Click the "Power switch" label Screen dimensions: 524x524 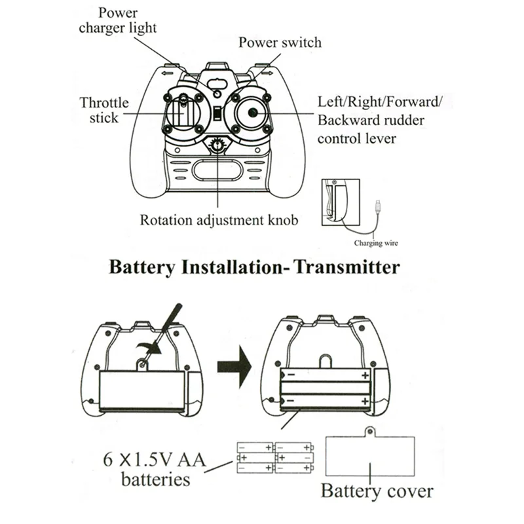280,43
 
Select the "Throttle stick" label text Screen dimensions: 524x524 104,110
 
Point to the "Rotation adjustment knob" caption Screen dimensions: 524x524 219,219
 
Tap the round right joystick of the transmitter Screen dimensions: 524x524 251,113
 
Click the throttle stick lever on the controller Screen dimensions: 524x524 184,105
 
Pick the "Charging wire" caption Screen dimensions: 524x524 375,243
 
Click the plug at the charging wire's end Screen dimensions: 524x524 379,204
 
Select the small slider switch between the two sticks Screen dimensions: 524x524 217,114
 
